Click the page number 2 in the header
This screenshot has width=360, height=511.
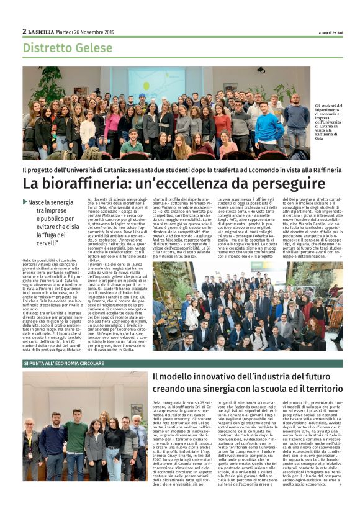[24, 31]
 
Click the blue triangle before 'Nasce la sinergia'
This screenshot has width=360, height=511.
[25, 202]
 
